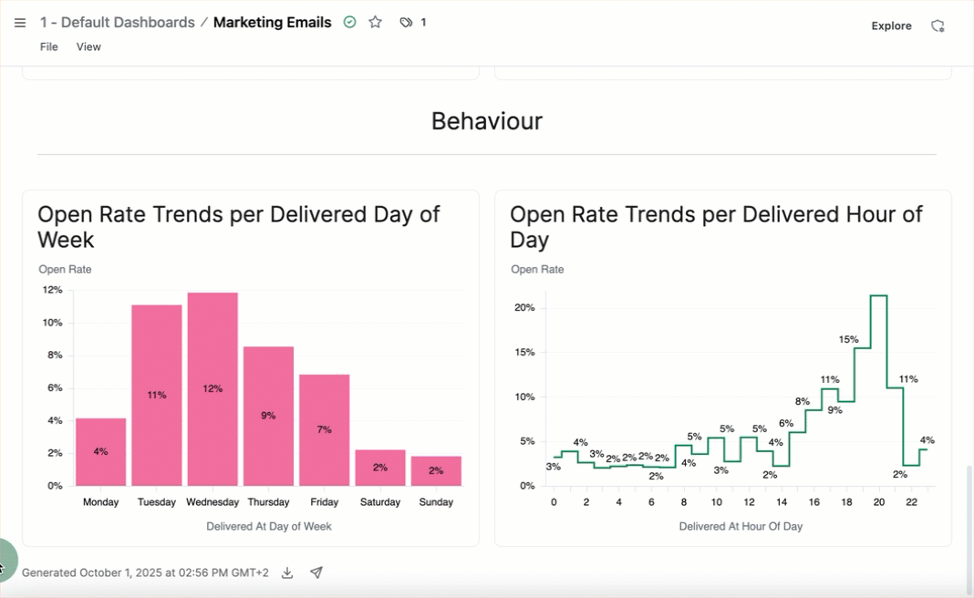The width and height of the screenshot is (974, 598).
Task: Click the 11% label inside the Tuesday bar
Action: point(157,396)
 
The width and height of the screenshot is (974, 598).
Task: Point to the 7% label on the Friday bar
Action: point(324,429)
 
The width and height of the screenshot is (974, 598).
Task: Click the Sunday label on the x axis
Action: point(436,502)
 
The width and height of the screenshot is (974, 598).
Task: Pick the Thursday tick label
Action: point(268,502)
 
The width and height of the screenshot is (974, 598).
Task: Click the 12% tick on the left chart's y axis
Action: point(52,290)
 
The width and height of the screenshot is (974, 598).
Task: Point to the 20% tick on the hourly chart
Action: point(524,308)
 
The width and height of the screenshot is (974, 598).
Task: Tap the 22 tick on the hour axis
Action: point(912,502)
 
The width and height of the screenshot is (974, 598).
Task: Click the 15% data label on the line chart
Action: point(848,340)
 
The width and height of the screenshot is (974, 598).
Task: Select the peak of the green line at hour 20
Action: point(879,295)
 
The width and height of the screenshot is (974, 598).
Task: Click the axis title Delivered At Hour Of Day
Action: point(741,526)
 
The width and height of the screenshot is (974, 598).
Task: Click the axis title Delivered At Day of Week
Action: point(269,526)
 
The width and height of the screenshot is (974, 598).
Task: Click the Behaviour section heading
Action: point(487,121)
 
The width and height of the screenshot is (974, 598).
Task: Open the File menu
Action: point(49,46)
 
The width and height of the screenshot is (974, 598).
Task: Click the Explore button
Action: point(891,26)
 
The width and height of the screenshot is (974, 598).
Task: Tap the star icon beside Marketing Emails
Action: point(375,22)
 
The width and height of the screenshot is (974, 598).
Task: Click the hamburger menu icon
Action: point(20,23)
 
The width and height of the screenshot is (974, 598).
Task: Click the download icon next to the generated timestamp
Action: point(287,572)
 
